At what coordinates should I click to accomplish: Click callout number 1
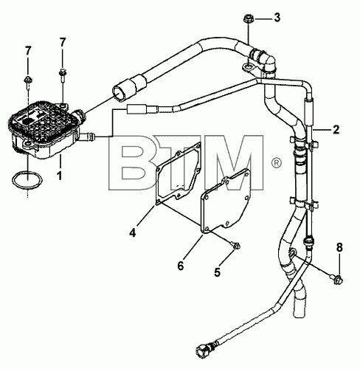(x=59, y=176)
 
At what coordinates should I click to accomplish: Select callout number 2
(x=336, y=129)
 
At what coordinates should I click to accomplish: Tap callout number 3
(x=277, y=18)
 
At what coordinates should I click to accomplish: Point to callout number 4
(x=133, y=232)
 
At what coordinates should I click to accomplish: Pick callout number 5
(x=217, y=272)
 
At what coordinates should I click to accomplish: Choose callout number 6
(x=181, y=266)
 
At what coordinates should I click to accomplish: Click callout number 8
(x=339, y=248)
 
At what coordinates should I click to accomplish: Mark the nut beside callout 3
(x=248, y=19)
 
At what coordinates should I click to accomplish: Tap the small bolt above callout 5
(x=235, y=245)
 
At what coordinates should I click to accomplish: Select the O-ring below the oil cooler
(x=27, y=181)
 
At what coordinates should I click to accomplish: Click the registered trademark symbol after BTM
(x=276, y=163)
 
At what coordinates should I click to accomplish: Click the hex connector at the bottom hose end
(x=203, y=349)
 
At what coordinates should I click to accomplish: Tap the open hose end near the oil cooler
(x=120, y=93)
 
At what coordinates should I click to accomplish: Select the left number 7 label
(x=28, y=51)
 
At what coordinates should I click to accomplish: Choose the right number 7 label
(x=63, y=42)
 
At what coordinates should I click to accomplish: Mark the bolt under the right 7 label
(x=63, y=75)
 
